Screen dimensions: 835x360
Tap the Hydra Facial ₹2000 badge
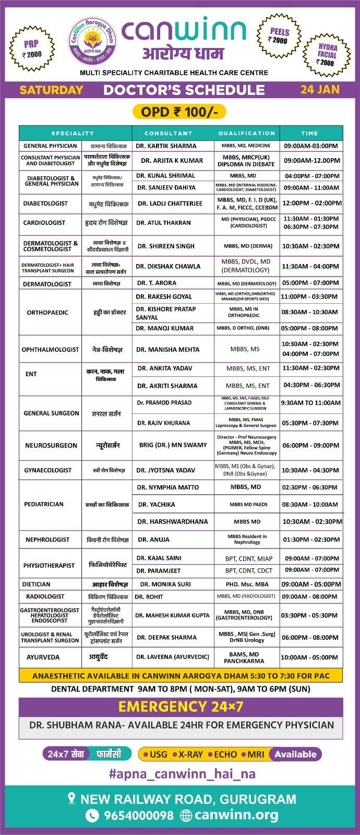click(327, 54)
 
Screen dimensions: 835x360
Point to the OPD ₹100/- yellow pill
click(179, 112)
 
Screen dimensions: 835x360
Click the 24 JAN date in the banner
click(320, 89)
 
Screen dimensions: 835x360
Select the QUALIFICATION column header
click(246, 133)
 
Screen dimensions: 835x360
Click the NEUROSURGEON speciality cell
click(51, 445)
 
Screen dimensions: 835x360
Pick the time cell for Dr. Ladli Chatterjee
click(311, 203)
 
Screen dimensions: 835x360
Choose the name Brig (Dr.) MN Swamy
click(173, 445)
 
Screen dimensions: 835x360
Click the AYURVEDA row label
click(43, 657)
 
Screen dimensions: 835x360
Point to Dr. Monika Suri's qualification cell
click(247, 584)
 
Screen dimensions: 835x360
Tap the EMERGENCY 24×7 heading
click(181, 707)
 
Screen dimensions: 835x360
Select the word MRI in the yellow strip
click(256, 754)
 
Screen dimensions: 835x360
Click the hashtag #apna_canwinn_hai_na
click(182, 774)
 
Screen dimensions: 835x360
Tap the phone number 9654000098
click(138, 815)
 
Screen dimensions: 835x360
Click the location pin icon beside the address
click(72, 798)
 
